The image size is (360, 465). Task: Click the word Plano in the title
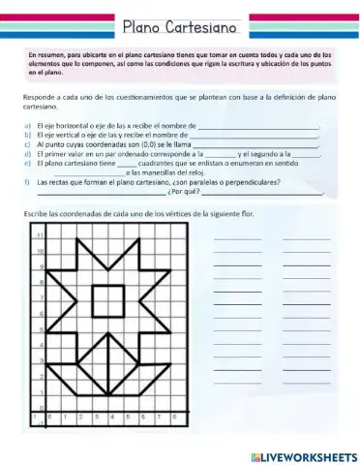147,22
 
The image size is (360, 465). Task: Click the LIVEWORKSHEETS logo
297,454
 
